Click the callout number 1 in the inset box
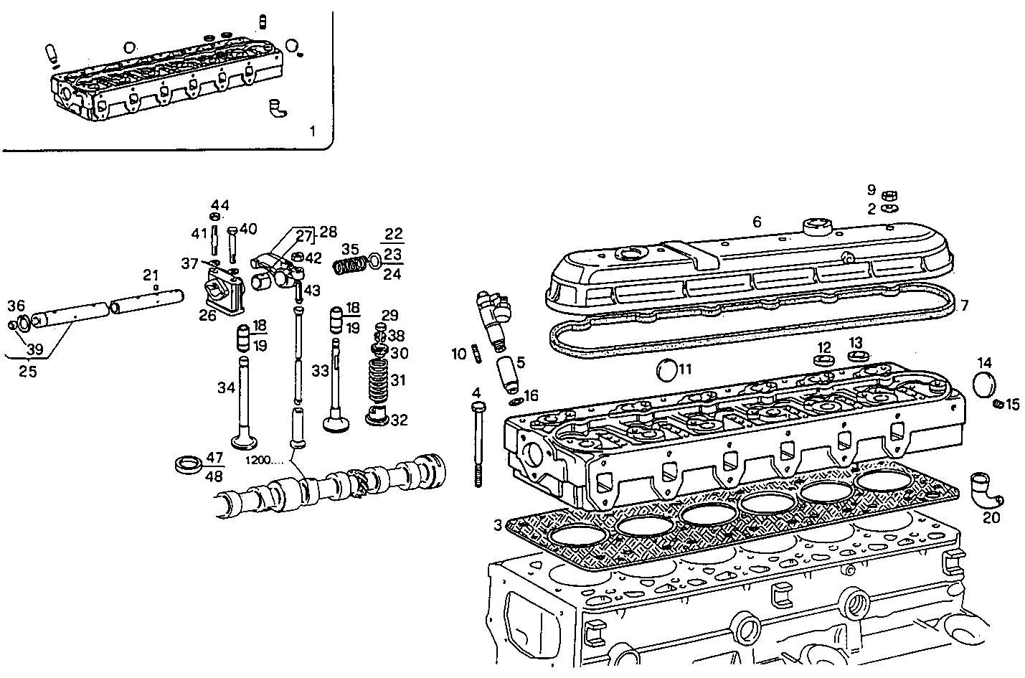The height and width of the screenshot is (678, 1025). (x=311, y=131)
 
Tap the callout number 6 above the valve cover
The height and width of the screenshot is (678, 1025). (x=757, y=222)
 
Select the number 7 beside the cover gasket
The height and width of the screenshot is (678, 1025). (x=964, y=306)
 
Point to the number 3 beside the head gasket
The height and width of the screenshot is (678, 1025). (x=498, y=525)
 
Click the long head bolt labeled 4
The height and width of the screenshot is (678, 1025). (x=478, y=445)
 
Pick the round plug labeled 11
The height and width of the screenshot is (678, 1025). (x=666, y=371)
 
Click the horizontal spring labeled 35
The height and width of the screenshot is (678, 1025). (x=349, y=265)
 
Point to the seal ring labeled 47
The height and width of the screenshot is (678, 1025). (x=189, y=463)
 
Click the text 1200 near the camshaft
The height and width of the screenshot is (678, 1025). (x=263, y=460)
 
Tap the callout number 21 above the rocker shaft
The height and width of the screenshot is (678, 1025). (x=150, y=274)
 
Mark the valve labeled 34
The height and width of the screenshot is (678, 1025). (x=244, y=402)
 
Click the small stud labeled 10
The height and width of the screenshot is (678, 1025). (x=476, y=354)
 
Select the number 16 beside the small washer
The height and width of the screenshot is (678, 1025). (x=531, y=395)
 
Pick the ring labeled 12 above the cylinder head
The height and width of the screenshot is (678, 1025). (x=823, y=358)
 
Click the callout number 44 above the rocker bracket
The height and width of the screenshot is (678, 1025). (x=219, y=205)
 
